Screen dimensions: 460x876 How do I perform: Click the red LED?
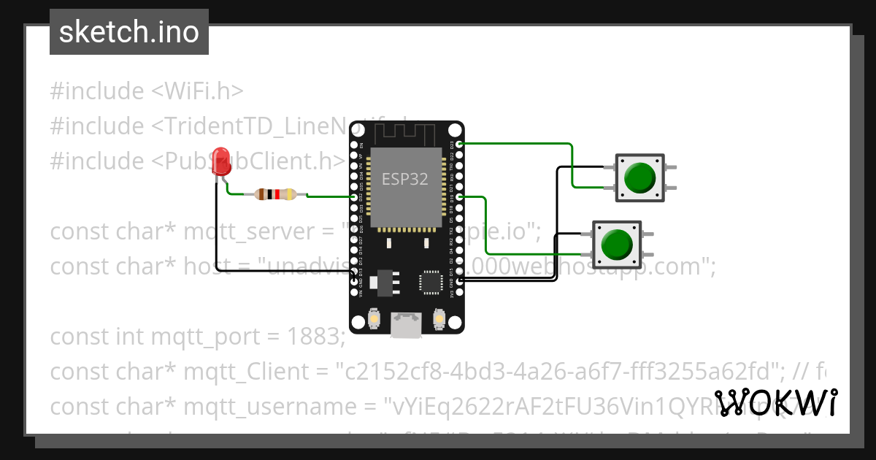click(220, 161)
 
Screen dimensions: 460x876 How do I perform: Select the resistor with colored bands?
click(275, 194)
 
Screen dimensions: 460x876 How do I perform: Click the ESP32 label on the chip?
click(405, 178)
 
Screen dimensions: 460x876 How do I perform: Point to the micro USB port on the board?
click(407, 324)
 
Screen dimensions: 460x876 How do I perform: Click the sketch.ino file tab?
click(129, 32)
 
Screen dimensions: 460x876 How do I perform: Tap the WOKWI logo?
click(775, 402)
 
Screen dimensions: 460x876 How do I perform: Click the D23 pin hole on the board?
click(459, 144)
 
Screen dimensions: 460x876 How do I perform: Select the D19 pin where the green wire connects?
click(459, 196)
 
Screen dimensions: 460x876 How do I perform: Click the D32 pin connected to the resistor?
click(355, 196)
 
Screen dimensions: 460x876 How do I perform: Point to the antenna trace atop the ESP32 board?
click(406, 134)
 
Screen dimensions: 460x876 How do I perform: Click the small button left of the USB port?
click(374, 319)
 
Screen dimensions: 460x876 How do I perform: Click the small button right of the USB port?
click(439, 319)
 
